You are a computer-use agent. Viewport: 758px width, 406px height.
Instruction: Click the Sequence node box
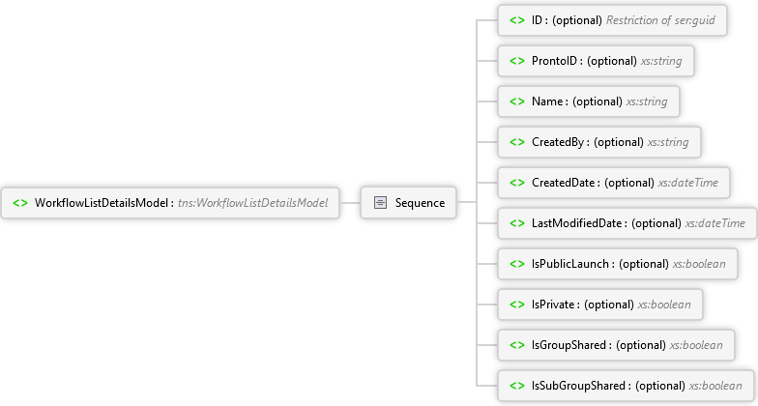pos(408,203)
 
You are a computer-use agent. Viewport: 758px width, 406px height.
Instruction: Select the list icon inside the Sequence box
pos(381,203)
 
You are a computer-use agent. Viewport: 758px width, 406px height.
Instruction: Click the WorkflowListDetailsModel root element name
pos(101,203)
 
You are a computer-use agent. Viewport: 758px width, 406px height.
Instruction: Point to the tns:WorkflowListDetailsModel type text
pos(253,203)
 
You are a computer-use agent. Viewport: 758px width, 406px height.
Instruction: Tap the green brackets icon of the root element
pos(20,203)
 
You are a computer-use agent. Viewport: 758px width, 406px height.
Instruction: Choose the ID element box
pos(612,20)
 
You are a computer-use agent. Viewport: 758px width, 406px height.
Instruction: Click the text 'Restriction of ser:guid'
pos(660,20)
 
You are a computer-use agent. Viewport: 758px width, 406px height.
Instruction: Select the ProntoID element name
pos(554,61)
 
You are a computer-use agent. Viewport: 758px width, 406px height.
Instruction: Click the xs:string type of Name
pos(647,101)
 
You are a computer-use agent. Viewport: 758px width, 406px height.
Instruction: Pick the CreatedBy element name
pos(557,142)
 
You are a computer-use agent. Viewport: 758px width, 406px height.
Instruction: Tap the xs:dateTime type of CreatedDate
pos(688,183)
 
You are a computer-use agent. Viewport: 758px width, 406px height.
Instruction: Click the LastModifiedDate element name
pos(576,223)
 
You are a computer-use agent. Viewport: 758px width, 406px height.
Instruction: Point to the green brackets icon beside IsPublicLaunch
pos(517,264)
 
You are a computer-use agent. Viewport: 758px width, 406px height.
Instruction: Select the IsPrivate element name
pos(553,304)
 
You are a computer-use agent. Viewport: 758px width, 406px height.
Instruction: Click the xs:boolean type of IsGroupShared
pos(696,345)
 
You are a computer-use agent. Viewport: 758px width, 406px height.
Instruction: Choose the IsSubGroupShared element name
pos(578,386)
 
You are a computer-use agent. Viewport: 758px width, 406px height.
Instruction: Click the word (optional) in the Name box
pos(598,101)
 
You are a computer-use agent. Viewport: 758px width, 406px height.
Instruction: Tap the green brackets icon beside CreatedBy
pos(517,142)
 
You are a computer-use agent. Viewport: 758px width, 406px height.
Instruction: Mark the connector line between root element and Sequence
pos(350,203)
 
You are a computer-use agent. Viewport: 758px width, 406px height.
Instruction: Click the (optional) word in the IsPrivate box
pos(609,304)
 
